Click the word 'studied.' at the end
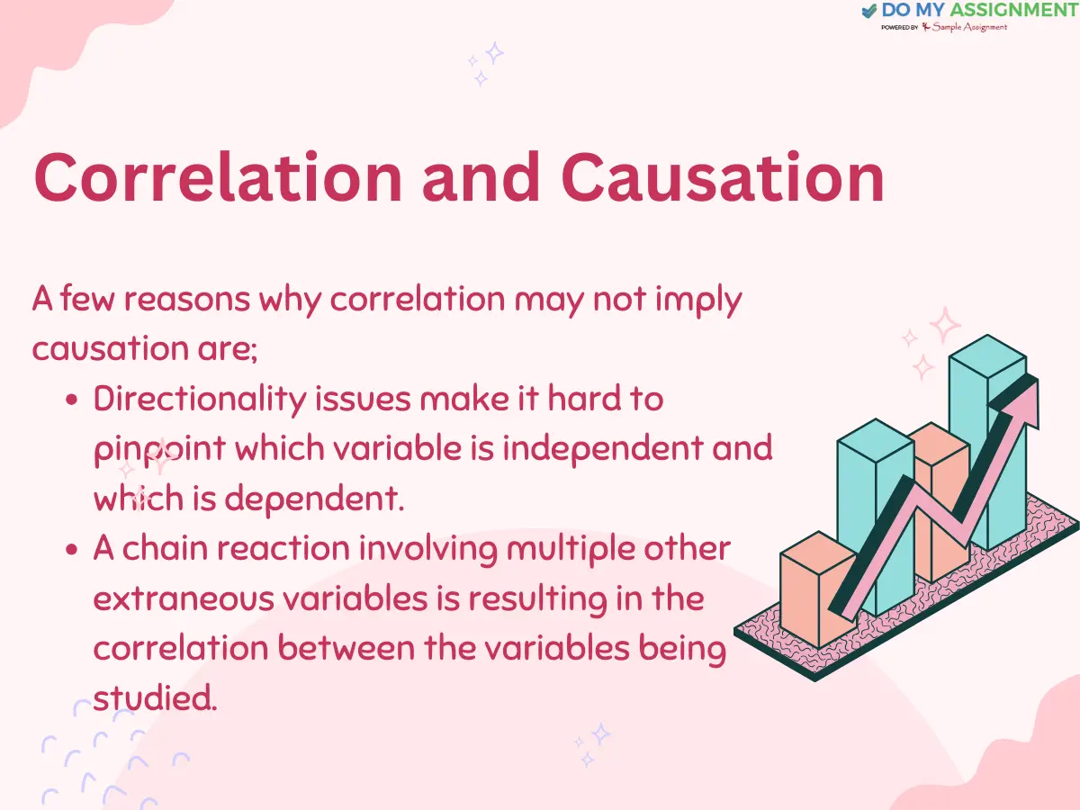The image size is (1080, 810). pos(155,697)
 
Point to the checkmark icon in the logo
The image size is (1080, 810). pos(868,11)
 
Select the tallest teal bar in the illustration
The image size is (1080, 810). pos(987,441)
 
